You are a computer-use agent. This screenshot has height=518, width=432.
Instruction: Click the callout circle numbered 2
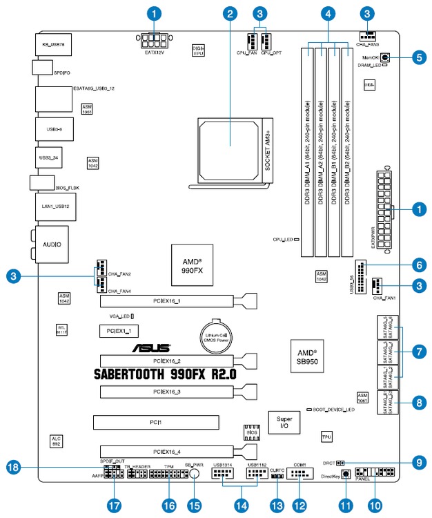pyautogui.click(x=230, y=12)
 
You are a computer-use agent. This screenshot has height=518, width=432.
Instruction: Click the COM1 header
pyautogui.click(x=299, y=474)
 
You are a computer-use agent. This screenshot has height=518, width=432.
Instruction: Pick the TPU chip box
pyautogui.click(x=327, y=437)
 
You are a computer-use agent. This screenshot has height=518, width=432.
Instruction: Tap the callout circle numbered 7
pyautogui.click(x=418, y=351)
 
